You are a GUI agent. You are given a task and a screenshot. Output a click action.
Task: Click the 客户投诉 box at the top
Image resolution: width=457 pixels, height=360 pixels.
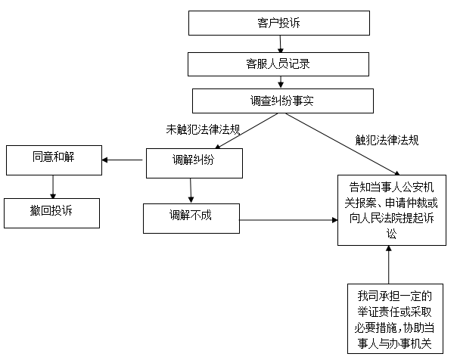click(x=278, y=23)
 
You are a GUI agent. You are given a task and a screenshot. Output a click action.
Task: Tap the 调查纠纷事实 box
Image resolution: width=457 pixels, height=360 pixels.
click(x=281, y=100)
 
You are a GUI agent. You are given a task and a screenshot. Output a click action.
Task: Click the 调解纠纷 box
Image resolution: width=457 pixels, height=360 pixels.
click(x=194, y=160)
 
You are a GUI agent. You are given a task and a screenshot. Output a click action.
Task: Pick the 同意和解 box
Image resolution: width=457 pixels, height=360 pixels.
click(x=54, y=159)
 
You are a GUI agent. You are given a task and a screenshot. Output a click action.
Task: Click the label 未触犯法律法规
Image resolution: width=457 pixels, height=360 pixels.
click(x=203, y=129)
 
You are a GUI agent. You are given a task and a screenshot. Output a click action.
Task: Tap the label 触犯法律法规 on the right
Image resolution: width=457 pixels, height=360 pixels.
click(x=387, y=140)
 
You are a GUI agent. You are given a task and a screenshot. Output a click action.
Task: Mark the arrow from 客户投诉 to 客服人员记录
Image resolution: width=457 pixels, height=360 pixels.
click(x=281, y=44)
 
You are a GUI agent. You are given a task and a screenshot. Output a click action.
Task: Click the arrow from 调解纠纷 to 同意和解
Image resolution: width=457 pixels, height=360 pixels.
click(x=124, y=160)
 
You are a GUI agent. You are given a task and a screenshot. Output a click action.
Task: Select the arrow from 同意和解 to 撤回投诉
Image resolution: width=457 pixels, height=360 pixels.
click(x=54, y=185)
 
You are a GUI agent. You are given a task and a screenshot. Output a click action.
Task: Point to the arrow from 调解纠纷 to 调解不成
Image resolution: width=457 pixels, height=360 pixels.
click(x=191, y=188)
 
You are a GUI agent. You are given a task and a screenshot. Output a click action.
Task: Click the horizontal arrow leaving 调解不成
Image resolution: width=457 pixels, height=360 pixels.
click(x=288, y=220)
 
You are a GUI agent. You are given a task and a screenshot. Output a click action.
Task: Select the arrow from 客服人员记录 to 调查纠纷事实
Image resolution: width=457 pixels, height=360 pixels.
click(x=281, y=82)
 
